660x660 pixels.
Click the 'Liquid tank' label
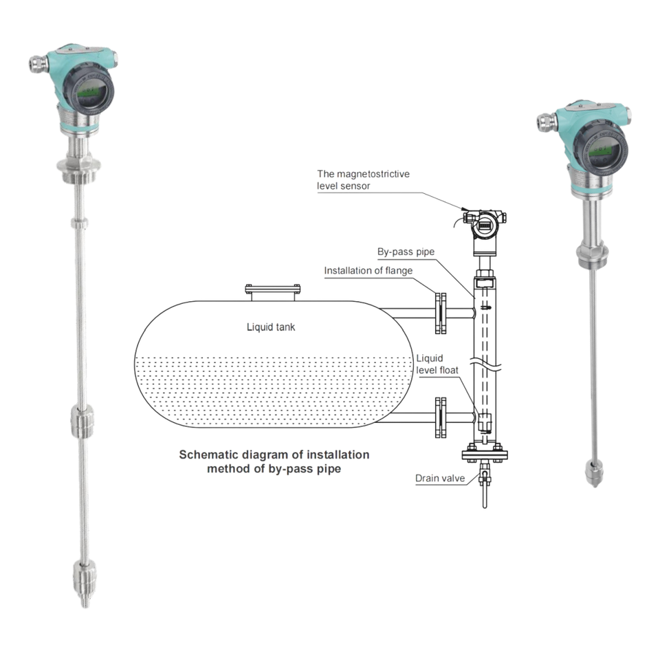(271, 327)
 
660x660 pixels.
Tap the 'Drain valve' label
(440, 478)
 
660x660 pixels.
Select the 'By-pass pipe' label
(406, 252)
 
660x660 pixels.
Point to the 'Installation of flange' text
(368, 271)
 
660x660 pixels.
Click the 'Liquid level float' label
(437, 364)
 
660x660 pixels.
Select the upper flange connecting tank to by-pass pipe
(440, 313)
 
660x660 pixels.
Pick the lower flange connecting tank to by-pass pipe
(440, 417)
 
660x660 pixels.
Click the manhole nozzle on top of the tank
(273, 293)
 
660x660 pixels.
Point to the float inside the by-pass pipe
(485, 422)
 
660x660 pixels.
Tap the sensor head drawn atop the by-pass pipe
(485, 231)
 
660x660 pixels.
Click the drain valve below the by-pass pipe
(485, 483)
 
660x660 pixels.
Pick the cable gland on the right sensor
(547, 122)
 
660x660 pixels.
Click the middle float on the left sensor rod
(81, 420)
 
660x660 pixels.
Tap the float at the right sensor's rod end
(594, 473)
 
